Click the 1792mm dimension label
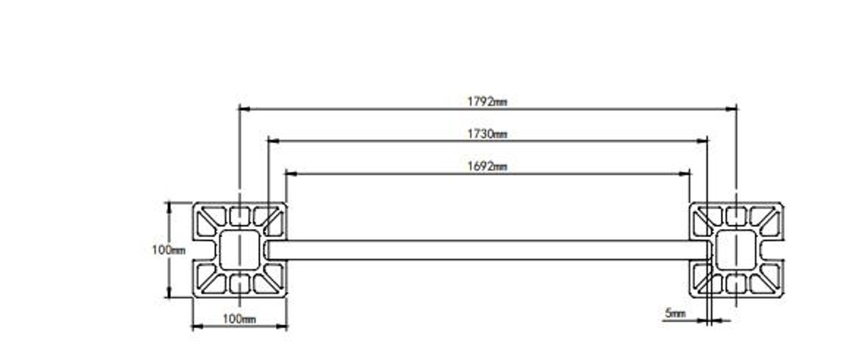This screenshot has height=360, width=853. tap(487, 102)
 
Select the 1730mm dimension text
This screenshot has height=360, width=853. tap(487, 134)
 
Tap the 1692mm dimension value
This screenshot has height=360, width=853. tap(487, 167)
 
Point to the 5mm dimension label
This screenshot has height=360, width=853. tap(675, 313)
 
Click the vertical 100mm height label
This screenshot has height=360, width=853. tap(169, 251)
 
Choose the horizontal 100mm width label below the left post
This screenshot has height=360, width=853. tap(239, 319)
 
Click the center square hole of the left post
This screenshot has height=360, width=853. tap(239, 250)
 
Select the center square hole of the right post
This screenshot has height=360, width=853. tap(736, 250)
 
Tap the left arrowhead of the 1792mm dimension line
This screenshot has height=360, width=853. tap(244, 109)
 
